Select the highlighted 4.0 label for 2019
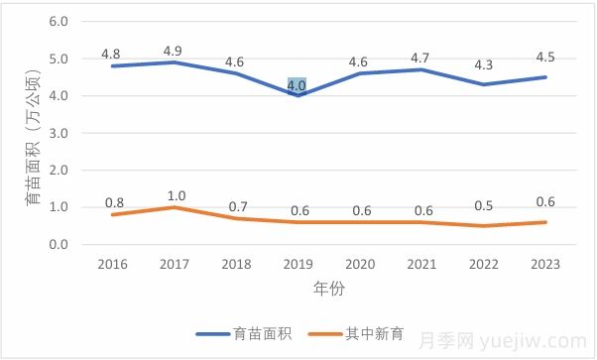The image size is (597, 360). [297, 86]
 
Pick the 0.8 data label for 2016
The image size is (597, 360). [115, 203]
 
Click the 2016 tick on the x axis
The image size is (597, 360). [113, 264]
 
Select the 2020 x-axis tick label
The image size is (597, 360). [360, 264]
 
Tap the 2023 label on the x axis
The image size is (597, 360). [544, 264]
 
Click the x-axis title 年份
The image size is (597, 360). [328, 289]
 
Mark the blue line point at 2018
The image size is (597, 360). [236, 73]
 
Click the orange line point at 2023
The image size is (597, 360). [544, 222]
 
